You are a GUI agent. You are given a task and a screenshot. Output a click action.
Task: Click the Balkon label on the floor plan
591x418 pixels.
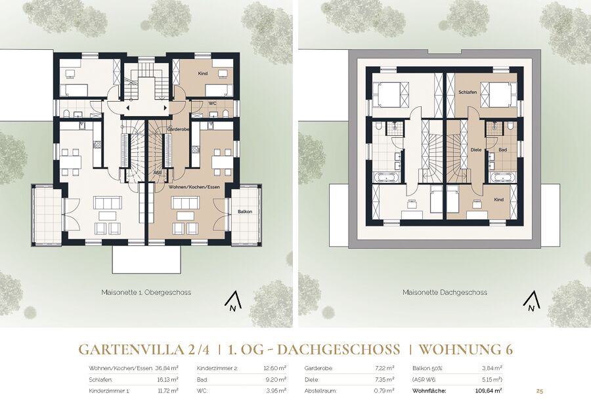(x=245, y=212)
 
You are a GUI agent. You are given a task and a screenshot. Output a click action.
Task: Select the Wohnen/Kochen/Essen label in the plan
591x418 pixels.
(x=194, y=186)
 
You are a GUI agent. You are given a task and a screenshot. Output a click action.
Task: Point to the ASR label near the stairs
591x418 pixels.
(x=157, y=173)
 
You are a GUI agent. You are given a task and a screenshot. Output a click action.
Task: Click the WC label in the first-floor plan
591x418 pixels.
(x=212, y=103)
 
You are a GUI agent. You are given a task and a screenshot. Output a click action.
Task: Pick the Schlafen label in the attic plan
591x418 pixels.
(x=468, y=93)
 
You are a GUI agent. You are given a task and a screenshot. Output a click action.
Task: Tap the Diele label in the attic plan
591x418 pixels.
(x=477, y=150)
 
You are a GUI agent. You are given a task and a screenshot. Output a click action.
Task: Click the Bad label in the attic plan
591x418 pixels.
(x=503, y=150)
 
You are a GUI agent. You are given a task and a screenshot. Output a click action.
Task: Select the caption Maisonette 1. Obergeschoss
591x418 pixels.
(x=146, y=292)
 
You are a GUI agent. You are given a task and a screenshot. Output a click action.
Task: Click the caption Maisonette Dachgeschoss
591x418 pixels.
(x=445, y=292)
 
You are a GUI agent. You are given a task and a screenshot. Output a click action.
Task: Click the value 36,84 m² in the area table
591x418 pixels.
(x=167, y=368)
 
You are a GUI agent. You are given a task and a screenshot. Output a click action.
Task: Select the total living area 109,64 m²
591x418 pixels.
(x=489, y=391)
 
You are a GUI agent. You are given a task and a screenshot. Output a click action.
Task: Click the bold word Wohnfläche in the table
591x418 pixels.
(x=429, y=391)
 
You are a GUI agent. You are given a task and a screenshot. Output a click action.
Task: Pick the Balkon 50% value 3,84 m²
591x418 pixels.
(x=492, y=368)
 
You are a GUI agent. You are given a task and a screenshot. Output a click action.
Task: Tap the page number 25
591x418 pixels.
(x=540, y=391)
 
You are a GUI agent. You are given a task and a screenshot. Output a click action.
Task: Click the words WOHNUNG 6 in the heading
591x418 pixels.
(x=466, y=350)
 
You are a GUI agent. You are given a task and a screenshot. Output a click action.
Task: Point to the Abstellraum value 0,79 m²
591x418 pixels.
(x=384, y=391)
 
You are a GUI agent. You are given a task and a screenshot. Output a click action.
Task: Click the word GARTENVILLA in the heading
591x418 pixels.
(x=133, y=350)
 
